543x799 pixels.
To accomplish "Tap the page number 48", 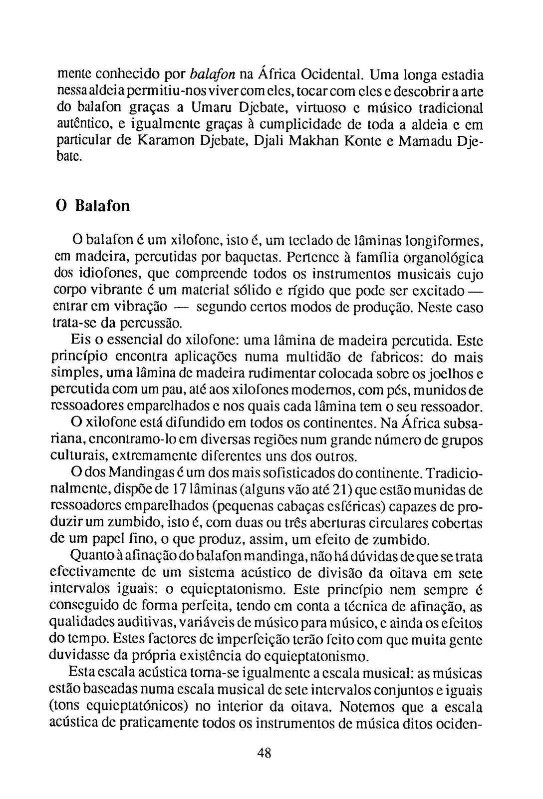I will pos(264,753).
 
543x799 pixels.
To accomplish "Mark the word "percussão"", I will pos(150,324).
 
